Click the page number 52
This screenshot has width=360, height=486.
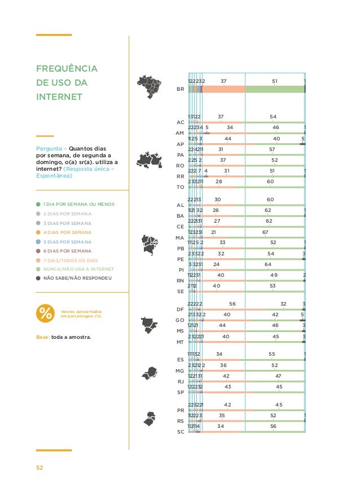39,467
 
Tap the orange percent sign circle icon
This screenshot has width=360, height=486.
45,313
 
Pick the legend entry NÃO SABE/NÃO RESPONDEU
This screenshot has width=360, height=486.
78,278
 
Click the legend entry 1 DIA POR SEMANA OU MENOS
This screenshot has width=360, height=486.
80,204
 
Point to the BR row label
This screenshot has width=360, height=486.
180,90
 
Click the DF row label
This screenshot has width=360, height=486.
181,310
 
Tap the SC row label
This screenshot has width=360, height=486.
181,432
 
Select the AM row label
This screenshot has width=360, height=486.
181,132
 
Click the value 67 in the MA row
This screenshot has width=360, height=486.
265,232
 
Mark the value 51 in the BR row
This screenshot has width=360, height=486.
275,81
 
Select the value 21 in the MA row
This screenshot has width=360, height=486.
214,232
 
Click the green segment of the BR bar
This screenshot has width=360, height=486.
275,89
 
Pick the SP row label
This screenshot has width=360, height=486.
181,392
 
